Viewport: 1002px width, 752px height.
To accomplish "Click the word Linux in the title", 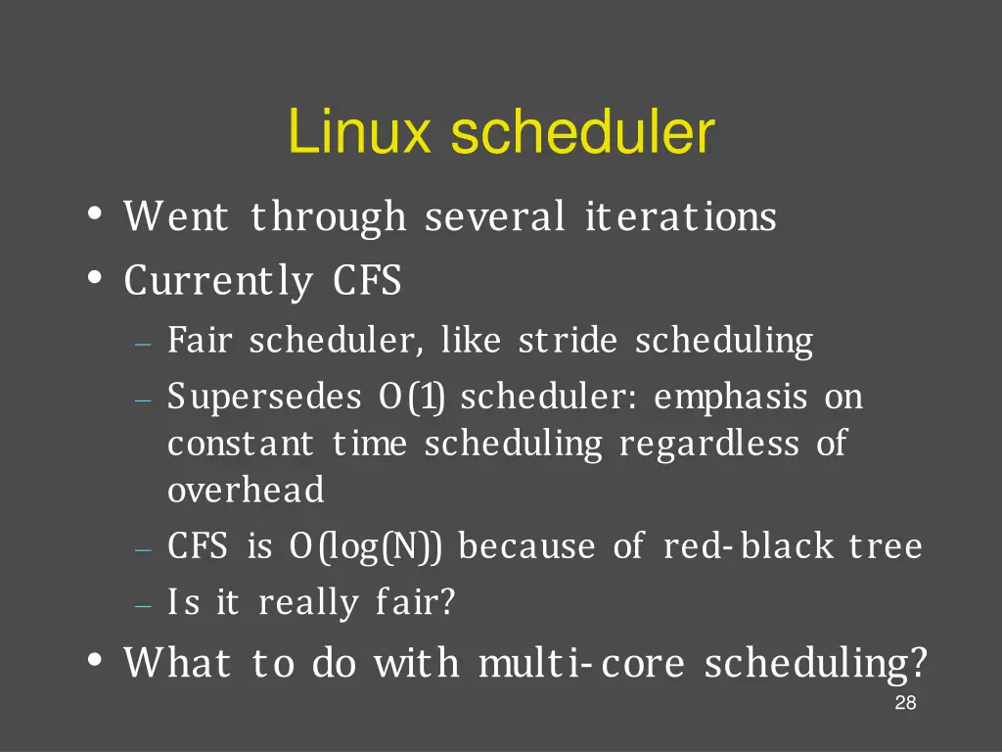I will click(359, 134).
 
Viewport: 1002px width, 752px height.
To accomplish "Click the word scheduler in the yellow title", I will click(582, 134).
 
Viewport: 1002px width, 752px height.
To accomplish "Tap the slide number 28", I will click(905, 703).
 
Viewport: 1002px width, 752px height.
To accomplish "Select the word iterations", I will click(680, 216).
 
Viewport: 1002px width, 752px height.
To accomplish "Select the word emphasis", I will click(731, 399).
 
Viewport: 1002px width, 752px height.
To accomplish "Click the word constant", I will click(241, 445).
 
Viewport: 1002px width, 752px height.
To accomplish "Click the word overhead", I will click(246, 490).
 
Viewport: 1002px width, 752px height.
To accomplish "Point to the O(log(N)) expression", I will click(366, 546).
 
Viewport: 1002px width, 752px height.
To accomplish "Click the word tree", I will click(885, 546).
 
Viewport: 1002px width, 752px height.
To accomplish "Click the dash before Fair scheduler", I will click(144, 345).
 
